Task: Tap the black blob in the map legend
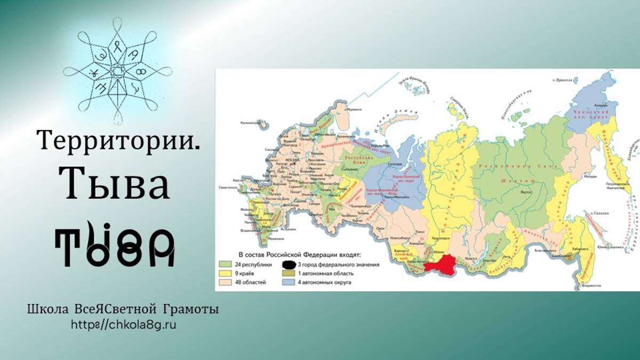[x=289, y=265]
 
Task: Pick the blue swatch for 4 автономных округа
[x=289, y=282]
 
